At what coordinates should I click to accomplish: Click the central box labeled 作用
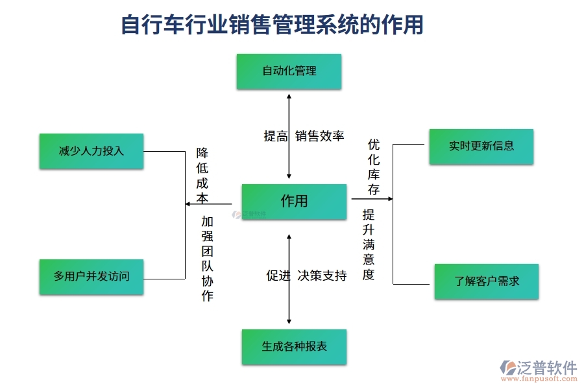click(294, 202)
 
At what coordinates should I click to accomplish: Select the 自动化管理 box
click(289, 71)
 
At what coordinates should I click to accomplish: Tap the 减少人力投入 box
click(91, 151)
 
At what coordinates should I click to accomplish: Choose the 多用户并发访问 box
click(91, 277)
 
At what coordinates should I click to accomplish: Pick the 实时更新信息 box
click(481, 147)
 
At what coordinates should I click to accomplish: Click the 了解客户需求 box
click(486, 281)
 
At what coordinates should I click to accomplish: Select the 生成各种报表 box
click(294, 347)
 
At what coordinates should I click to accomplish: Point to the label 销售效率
click(319, 136)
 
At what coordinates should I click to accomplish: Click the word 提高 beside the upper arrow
click(275, 136)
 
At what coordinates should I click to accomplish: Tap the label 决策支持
click(322, 276)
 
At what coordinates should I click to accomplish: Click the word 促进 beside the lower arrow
click(278, 276)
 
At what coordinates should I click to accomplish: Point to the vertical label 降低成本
click(202, 176)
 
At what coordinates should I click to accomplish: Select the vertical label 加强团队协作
click(207, 259)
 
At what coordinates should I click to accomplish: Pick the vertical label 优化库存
click(374, 167)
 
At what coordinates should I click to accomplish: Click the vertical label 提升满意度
click(369, 244)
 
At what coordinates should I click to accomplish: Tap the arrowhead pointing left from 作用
click(188, 204)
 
